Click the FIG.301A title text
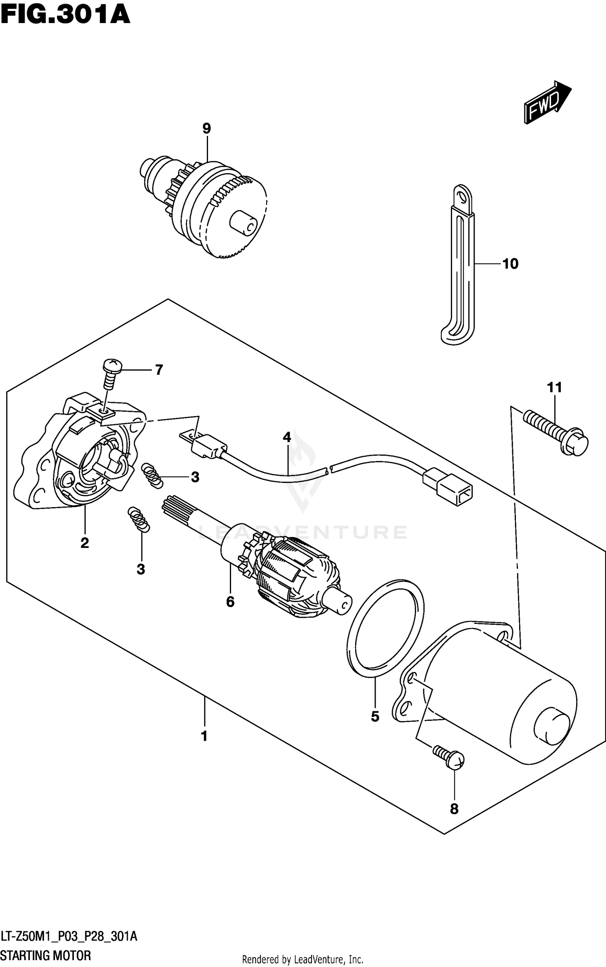click(x=65, y=15)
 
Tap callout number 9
click(x=206, y=129)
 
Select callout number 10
click(x=510, y=263)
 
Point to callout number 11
click(x=554, y=388)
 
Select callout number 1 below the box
click(x=204, y=736)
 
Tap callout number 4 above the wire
click(x=287, y=437)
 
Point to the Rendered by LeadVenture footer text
click(x=303, y=959)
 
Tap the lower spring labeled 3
click(x=139, y=519)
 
